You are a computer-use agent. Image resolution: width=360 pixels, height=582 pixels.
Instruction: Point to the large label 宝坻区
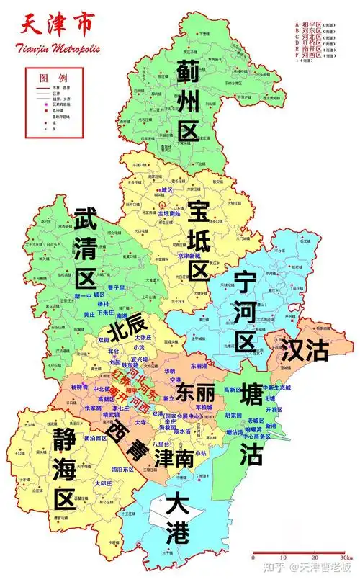pyautogui.click(x=199, y=241)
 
